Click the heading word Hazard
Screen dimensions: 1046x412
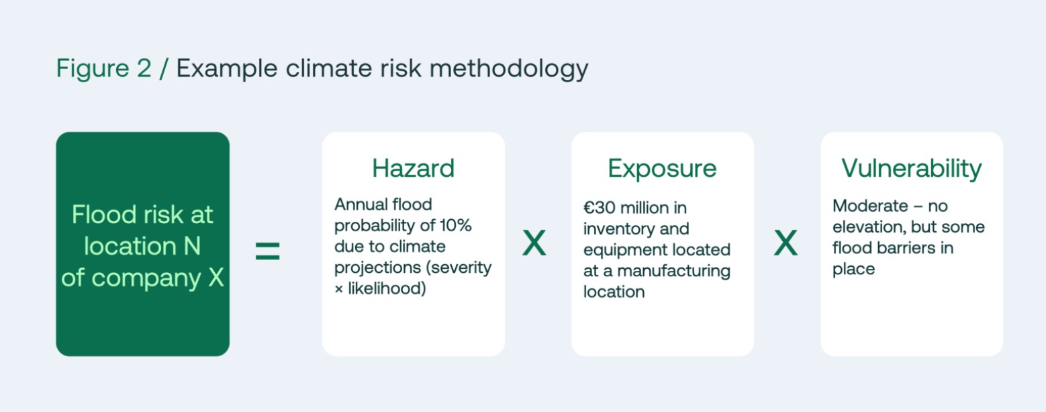(413, 168)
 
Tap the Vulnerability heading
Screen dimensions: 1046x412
(912, 169)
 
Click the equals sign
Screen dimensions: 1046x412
(268, 251)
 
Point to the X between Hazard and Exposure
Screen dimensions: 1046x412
(534, 243)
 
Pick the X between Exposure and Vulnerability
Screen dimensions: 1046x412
(786, 243)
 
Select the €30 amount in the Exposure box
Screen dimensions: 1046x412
(600, 208)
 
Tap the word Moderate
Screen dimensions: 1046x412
(870, 206)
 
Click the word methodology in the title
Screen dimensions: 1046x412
(509, 69)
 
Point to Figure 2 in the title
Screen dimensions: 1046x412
(103, 69)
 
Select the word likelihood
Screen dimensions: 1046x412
(386, 288)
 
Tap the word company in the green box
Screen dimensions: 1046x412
(146, 279)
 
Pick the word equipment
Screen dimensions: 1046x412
(624, 251)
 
